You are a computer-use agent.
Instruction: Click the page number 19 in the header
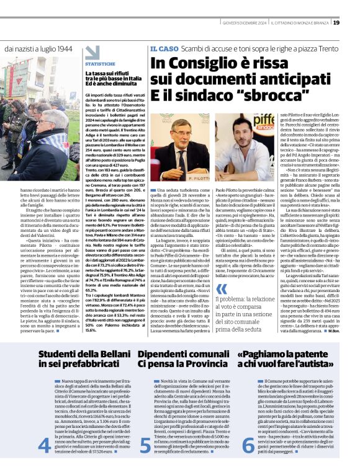coord(353,22)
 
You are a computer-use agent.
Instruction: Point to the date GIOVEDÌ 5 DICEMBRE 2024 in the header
coord(243,23)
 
